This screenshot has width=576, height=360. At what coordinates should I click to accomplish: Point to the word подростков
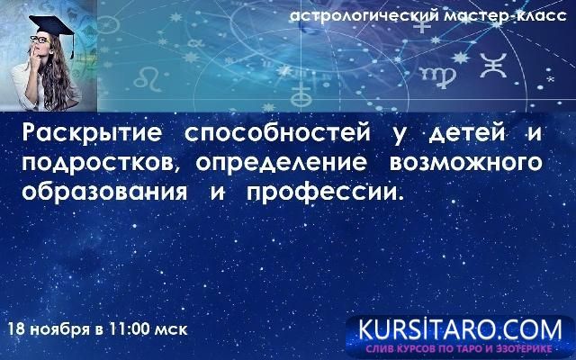94,165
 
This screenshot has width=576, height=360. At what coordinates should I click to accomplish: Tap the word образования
103,193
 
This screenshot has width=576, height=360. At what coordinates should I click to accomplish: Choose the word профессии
328,193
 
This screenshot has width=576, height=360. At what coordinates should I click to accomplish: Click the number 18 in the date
15,328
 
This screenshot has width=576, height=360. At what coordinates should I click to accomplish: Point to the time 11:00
125,328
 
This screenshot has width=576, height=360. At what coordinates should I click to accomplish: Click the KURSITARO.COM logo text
460,327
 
